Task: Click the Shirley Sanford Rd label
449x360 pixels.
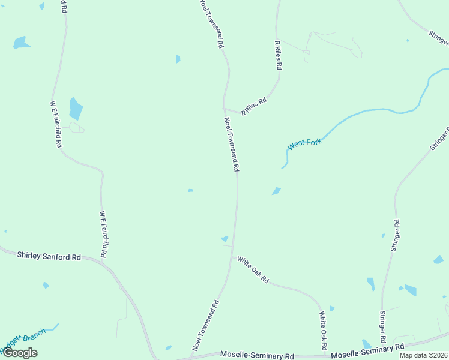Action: tap(49, 256)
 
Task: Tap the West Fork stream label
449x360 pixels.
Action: tap(305, 144)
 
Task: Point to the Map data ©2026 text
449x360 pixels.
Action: tap(424, 355)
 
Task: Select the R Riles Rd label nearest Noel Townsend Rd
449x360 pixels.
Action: tap(253, 107)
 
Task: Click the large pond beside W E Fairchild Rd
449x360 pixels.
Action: tap(76, 109)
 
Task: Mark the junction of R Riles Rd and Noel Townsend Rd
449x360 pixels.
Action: tap(225, 109)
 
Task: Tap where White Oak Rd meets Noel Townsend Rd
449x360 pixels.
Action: tap(232, 257)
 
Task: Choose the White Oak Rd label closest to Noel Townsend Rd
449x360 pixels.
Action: tap(253, 269)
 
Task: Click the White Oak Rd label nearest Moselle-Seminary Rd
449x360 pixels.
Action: tap(323, 331)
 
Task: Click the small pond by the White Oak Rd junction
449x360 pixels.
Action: tap(224, 239)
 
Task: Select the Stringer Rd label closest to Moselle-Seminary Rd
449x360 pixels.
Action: tap(382, 326)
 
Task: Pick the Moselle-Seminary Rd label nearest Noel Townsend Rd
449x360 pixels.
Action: tap(257, 356)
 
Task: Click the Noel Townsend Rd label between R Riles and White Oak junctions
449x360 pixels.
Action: tap(232, 144)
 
